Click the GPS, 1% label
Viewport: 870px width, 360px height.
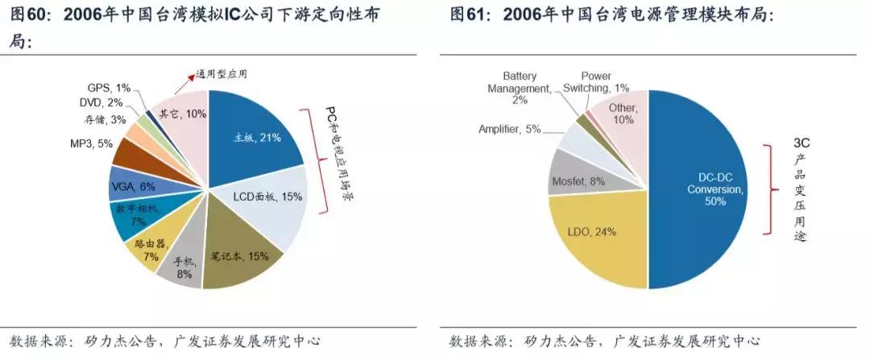[108, 87]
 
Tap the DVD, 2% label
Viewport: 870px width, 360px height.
[101, 102]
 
